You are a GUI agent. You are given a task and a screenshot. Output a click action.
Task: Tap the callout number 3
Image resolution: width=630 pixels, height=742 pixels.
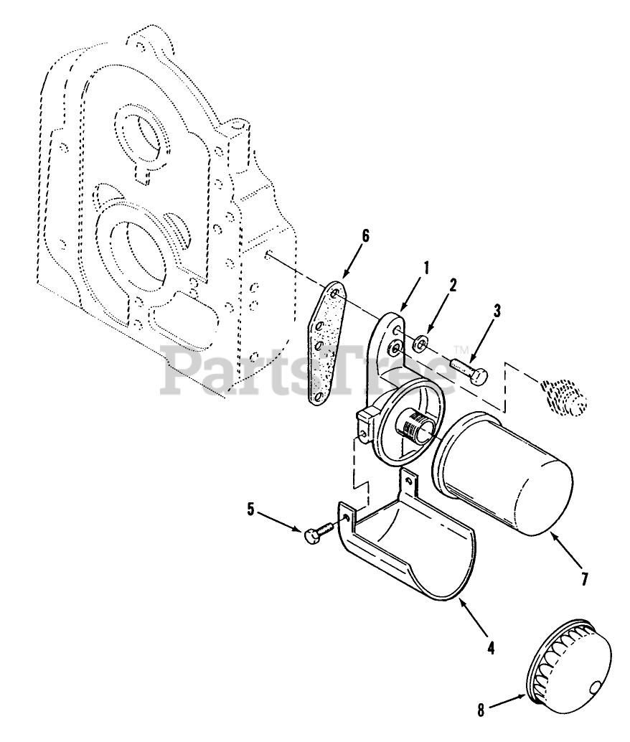(497, 311)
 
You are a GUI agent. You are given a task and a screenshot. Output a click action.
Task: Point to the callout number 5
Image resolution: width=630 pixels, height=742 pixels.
(250, 509)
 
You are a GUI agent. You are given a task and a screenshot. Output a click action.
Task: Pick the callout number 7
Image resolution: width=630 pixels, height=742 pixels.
(584, 579)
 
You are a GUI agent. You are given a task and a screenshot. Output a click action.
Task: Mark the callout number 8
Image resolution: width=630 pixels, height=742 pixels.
(481, 710)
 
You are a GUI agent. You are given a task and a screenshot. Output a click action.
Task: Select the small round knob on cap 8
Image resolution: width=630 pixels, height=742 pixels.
(593, 688)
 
